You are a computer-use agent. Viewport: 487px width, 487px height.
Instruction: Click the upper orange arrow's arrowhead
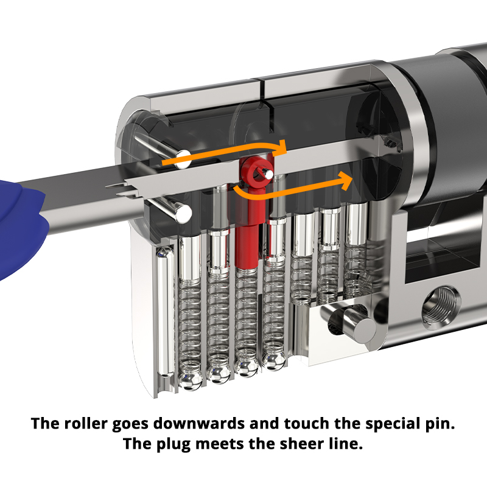[281, 147]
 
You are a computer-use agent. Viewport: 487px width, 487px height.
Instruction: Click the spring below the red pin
[246, 317]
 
